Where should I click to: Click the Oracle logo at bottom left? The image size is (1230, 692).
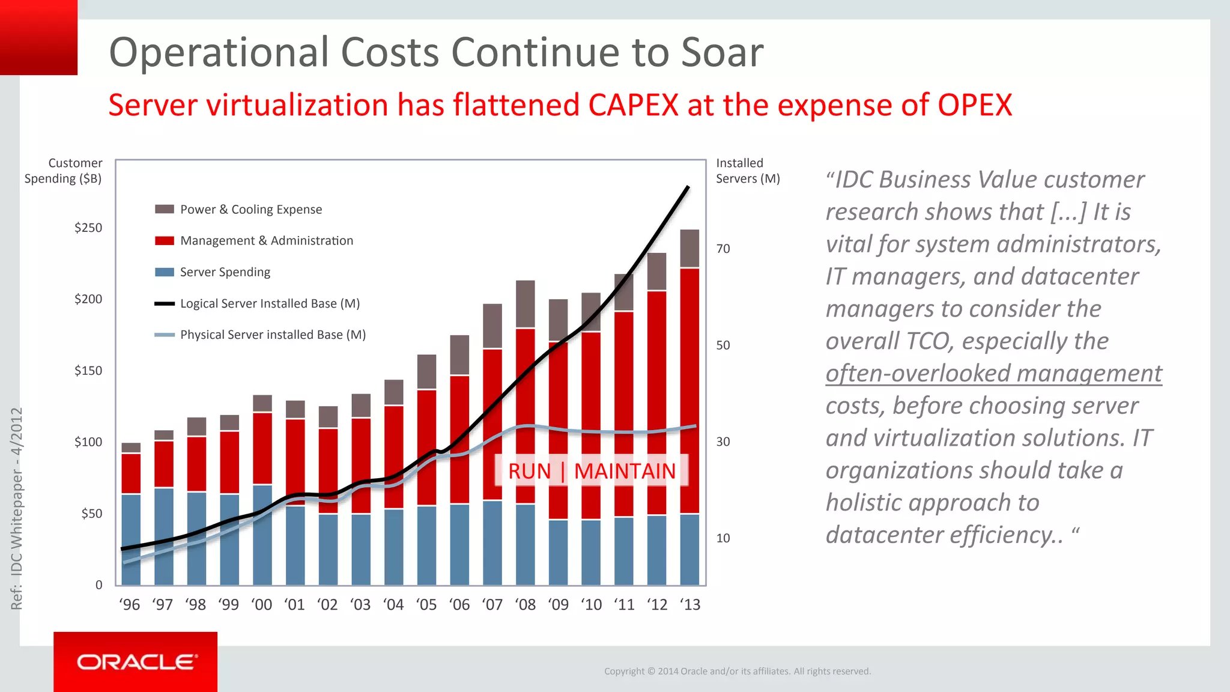pyautogui.click(x=136, y=662)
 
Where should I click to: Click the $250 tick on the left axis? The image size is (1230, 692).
pyautogui.click(x=88, y=228)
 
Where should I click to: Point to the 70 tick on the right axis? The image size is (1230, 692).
pyautogui.click(x=723, y=249)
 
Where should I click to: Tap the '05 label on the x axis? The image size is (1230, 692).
pyautogui.click(x=426, y=605)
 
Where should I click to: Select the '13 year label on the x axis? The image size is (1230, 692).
pyautogui.click(x=690, y=605)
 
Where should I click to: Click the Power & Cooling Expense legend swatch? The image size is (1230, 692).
pyautogui.click(x=165, y=210)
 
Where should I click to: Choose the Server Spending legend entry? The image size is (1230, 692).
pyautogui.click(x=225, y=272)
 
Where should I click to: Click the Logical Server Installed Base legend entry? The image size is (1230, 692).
pyautogui.click(x=269, y=303)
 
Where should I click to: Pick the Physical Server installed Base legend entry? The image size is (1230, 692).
pyautogui.click(x=272, y=335)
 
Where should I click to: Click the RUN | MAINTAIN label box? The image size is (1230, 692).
pyautogui.click(x=592, y=471)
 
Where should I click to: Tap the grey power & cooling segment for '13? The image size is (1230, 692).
pyautogui.click(x=689, y=248)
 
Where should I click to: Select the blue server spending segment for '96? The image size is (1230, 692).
pyautogui.click(x=131, y=539)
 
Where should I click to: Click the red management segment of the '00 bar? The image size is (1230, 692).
pyautogui.click(x=262, y=448)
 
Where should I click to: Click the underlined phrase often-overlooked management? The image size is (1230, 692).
pyautogui.click(x=993, y=374)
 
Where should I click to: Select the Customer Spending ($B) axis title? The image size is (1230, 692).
pyautogui.click(x=64, y=171)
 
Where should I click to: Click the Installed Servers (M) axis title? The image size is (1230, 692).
pyautogui.click(x=747, y=171)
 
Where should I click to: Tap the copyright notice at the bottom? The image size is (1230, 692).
pyautogui.click(x=737, y=671)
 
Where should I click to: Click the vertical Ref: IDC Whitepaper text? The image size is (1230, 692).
pyautogui.click(x=17, y=508)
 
